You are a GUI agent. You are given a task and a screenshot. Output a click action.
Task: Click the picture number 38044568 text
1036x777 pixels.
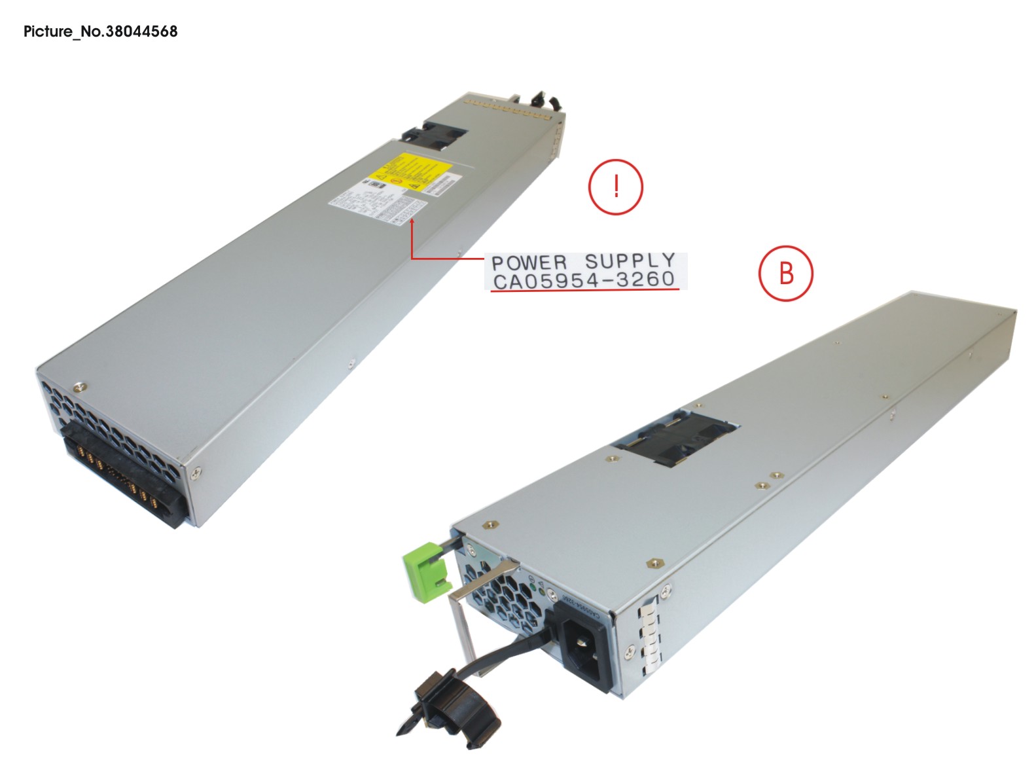tap(100, 31)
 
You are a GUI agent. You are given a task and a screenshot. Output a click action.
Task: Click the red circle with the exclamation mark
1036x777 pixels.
tap(616, 187)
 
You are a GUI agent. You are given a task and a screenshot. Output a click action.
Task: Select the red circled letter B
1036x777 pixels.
tap(785, 273)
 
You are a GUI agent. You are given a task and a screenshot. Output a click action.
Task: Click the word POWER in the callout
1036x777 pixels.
tap(529, 263)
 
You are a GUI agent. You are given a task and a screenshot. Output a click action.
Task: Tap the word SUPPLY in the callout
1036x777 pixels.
tap(630, 261)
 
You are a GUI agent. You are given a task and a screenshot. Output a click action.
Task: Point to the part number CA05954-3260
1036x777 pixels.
tap(584, 281)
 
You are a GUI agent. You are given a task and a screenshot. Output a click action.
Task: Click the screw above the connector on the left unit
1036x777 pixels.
tap(79, 386)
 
